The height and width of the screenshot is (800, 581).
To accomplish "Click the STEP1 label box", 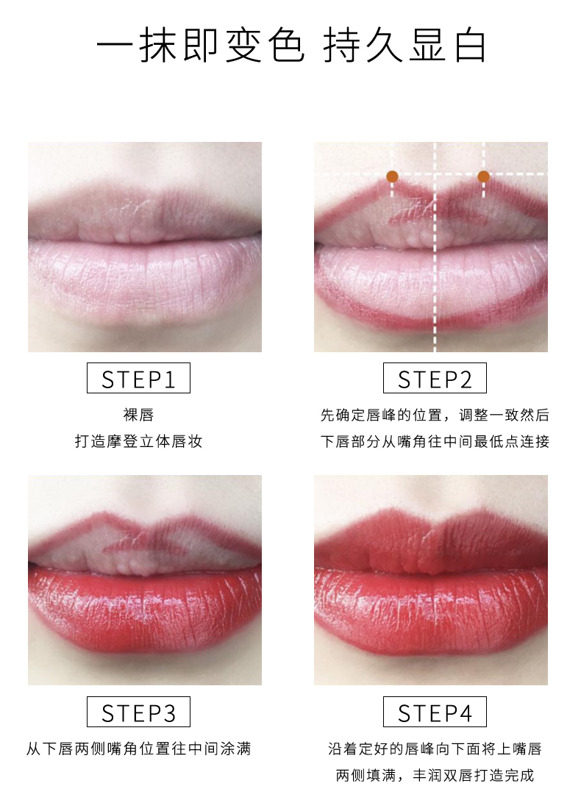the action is coord(138,378).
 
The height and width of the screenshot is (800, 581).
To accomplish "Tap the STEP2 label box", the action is coord(435,378).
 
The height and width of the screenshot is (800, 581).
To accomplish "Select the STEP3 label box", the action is coord(138,712).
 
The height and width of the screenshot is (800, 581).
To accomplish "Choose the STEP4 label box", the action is coord(435,712).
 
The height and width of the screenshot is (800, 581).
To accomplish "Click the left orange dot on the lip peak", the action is coord(392,176).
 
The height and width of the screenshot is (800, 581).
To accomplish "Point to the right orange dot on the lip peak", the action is coord(484,176).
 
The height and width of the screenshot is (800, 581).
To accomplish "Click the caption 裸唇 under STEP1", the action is coord(138,415).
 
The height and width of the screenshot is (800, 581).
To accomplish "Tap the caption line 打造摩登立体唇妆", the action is coord(138,441).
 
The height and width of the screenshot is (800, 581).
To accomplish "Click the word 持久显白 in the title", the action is coord(404,46).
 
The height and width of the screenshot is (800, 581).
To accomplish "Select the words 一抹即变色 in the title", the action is coord(201,46).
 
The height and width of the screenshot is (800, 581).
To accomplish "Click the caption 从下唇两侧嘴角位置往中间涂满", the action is coord(138,749).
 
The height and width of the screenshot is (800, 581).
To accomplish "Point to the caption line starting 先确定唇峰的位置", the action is coord(435,415).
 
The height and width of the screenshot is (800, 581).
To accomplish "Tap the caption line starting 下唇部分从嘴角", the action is coord(435,441).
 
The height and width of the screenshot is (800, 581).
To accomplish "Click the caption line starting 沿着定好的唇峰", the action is coord(435,749).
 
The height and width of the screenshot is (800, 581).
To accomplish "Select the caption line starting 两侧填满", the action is coord(435,776).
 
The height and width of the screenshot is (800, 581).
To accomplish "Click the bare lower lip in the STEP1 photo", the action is coord(145,278).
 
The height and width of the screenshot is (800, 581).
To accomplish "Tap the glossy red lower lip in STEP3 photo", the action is coord(145,607).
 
